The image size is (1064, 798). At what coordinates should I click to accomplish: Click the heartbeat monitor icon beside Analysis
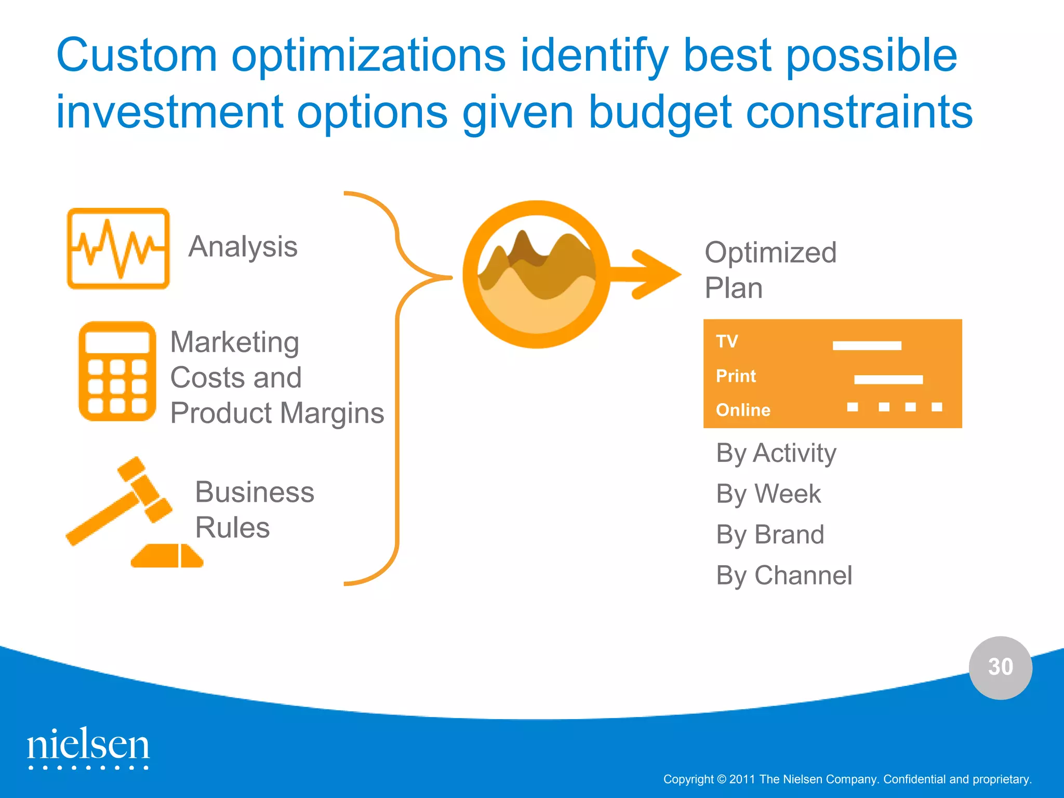click(x=118, y=248)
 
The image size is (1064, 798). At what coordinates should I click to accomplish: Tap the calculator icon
click(x=117, y=371)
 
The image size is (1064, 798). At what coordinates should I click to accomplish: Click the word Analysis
click(x=243, y=246)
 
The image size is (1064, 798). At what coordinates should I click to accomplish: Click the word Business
click(x=255, y=492)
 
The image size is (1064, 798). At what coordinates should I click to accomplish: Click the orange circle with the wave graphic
click(x=536, y=274)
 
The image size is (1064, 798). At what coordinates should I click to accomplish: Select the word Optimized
click(x=770, y=253)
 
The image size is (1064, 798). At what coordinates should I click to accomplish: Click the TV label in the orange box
click(x=726, y=341)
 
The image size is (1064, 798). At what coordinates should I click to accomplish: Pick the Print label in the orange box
click(x=736, y=376)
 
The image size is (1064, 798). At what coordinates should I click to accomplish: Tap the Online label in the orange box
click(x=743, y=410)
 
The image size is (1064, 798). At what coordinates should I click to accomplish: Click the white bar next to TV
click(x=867, y=345)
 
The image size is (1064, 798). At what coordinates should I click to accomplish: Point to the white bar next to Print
click(x=888, y=380)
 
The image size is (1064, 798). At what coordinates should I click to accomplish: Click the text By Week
click(x=768, y=494)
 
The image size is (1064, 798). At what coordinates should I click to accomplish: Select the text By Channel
click(x=784, y=576)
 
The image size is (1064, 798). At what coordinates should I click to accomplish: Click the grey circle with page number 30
click(x=1000, y=667)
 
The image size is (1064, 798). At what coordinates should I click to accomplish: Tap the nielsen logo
click(x=88, y=747)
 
